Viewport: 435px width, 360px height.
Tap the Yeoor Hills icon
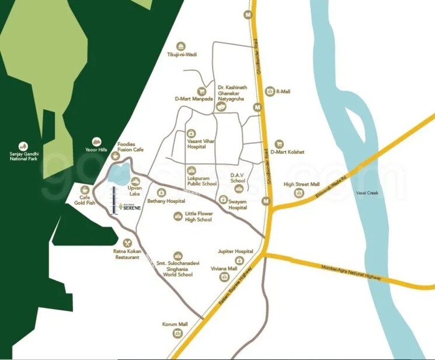[x=97, y=141]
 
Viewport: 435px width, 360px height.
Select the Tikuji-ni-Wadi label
[x=182, y=54]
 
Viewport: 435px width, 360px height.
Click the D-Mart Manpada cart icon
[x=202, y=91]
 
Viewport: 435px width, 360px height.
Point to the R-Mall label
[x=283, y=92]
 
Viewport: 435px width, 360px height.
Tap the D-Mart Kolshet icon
[x=279, y=144]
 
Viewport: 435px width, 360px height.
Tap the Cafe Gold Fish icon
[x=86, y=190]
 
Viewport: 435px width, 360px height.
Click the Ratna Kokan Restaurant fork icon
[x=128, y=243]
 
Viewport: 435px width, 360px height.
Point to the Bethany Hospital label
[x=162, y=201]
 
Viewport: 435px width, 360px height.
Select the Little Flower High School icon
[x=178, y=217]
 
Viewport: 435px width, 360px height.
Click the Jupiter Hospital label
[x=235, y=251]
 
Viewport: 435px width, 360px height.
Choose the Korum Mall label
[x=175, y=324]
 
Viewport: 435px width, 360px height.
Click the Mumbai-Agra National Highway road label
[x=351, y=273]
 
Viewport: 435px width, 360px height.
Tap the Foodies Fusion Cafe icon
[x=115, y=156]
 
